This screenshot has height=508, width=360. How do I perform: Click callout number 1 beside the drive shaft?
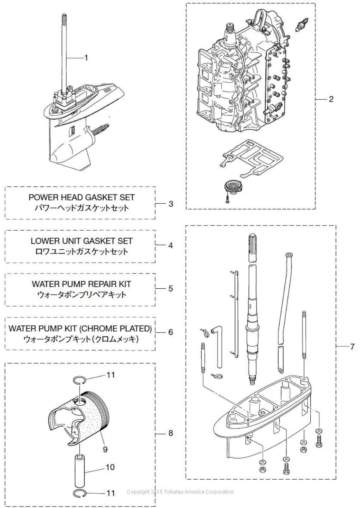[x=86, y=57]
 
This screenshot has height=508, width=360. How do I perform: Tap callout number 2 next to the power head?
[x=331, y=99]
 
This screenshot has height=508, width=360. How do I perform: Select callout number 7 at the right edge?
[x=352, y=346]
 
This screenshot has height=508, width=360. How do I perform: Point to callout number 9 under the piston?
[x=105, y=449]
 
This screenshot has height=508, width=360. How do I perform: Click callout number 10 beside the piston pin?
[x=110, y=467]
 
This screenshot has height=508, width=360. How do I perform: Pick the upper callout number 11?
[x=110, y=374]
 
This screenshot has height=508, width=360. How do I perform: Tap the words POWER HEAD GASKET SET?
[x=81, y=198]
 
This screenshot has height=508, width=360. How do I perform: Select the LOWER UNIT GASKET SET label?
[x=81, y=241]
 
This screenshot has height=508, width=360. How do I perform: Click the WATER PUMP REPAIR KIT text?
[x=81, y=284]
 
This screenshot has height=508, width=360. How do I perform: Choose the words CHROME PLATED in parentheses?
[x=116, y=328]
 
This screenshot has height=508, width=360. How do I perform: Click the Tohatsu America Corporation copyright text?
[x=180, y=492]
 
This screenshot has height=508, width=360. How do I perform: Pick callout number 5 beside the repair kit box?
[x=171, y=288]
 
